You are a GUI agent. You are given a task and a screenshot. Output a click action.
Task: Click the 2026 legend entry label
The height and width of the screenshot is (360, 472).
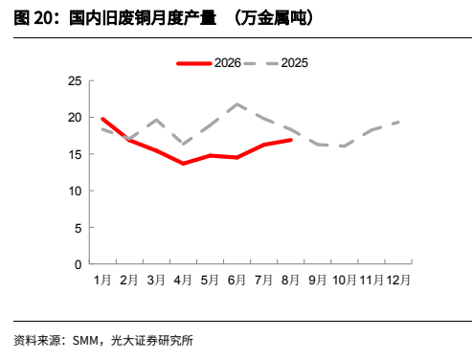coord(228,63)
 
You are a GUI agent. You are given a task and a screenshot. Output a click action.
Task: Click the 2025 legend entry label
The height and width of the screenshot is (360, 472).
coord(294,63)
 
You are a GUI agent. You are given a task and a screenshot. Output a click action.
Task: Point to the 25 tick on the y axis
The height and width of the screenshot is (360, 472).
coord(75,81)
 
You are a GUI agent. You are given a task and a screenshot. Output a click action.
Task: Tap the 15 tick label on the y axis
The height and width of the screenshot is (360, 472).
coord(75,154)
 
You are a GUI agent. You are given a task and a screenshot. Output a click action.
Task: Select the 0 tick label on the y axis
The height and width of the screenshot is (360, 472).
coord(79,264)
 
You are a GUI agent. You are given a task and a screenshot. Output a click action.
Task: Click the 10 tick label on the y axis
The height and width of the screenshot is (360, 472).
coord(75,191)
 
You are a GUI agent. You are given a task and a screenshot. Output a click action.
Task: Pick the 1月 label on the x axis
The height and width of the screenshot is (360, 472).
coord(102,281)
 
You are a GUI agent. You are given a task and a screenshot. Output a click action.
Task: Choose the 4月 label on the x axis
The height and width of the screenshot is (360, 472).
coord(183,281)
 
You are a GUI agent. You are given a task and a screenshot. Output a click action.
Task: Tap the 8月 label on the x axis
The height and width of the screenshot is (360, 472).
coord(290,281)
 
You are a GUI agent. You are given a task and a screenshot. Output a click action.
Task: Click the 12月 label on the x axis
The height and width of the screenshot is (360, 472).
coord(398,281)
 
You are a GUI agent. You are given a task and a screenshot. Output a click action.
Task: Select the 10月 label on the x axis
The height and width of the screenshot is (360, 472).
coord(345,281)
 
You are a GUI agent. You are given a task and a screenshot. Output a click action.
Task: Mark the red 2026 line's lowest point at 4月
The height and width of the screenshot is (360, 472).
coord(183,164)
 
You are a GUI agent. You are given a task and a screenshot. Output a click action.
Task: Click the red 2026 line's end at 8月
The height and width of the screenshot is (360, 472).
coord(290,140)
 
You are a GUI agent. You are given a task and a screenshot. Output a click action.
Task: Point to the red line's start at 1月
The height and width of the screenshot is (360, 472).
coord(102,119)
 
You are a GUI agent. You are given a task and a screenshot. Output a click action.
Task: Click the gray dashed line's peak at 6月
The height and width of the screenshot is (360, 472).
coord(236,104)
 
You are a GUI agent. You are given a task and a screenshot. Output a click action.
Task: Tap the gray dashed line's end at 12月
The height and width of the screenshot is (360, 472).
coord(399,122)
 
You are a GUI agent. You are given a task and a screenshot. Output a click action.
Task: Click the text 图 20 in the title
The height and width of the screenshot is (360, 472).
coord(33,18)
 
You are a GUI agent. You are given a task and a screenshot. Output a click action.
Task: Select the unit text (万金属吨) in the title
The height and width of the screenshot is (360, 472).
coord(274,18)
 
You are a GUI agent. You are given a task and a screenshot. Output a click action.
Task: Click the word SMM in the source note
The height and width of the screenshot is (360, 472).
coord(85,341)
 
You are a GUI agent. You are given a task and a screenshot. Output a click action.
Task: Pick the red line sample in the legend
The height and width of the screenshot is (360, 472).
coord(194,63)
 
